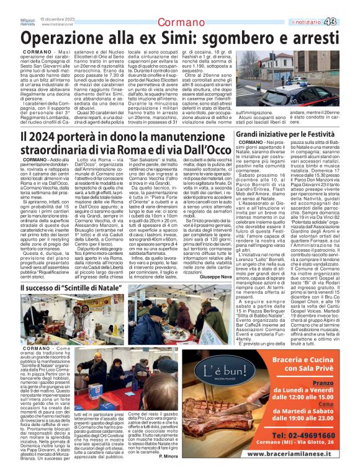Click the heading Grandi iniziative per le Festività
tap(294, 133)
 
